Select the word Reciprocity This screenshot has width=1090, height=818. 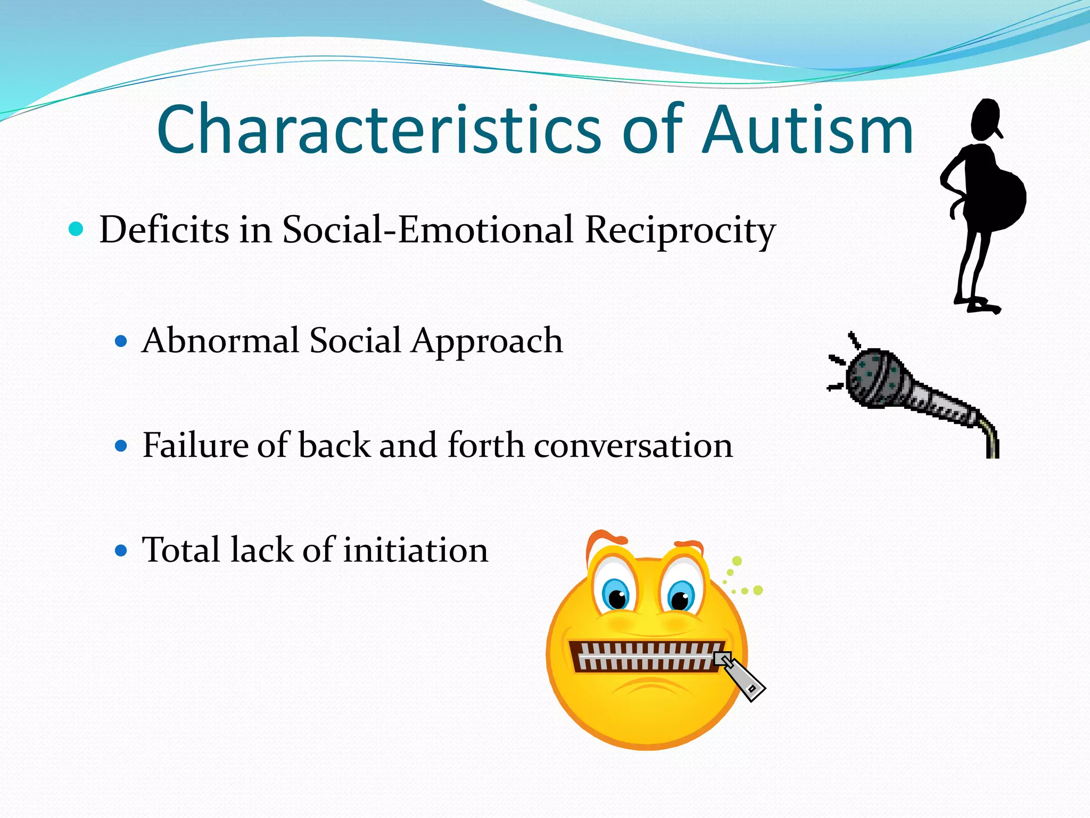(680, 230)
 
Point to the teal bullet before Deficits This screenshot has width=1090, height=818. (77, 230)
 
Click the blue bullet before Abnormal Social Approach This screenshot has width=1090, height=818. (121, 341)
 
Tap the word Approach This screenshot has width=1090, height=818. (486, 341)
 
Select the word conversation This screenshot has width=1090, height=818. (633, 445)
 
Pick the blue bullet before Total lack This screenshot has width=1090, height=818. (121, 550)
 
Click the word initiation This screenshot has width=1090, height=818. (415, 550)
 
